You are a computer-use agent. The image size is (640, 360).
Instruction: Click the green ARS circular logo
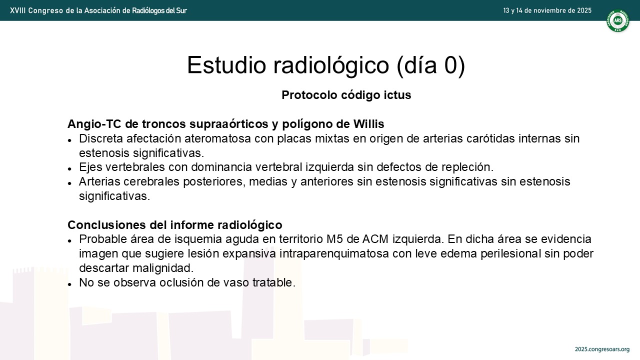point(617,20)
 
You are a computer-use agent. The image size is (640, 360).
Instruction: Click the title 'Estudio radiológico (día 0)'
point(326,65)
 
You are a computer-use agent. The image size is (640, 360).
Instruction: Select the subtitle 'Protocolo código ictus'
point(346,95)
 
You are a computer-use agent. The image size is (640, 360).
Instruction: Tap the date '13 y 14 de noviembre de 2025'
point(547,10)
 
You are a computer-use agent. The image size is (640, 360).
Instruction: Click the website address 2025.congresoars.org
point(602,349)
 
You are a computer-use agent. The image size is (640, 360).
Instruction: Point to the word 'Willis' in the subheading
point(368,123)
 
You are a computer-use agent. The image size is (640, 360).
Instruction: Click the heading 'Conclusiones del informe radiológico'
point(175,225)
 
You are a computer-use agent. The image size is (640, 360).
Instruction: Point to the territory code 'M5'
point(334,239)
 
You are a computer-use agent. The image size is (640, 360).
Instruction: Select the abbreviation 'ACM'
point(375,239)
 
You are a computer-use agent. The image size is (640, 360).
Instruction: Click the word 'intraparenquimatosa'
point(334,253)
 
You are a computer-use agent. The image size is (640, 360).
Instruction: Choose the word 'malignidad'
point(163,268)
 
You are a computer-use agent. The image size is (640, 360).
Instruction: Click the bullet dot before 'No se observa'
point(69,284)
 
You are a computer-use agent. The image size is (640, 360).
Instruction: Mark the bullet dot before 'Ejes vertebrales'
point(69,169)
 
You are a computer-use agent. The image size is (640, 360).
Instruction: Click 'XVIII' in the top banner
point(17,11)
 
